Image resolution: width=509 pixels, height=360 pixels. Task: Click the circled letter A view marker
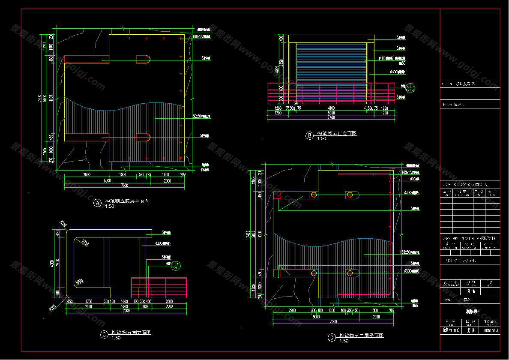click(97, 203)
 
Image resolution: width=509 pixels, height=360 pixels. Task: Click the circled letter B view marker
click(309, 136)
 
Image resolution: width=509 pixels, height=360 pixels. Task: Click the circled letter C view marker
click(104, 335)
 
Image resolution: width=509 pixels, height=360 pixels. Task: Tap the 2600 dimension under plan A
click(87, 175)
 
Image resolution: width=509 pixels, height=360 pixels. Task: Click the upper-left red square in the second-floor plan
click(276, 195)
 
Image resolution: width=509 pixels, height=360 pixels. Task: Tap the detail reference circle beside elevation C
click(176, 267)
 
